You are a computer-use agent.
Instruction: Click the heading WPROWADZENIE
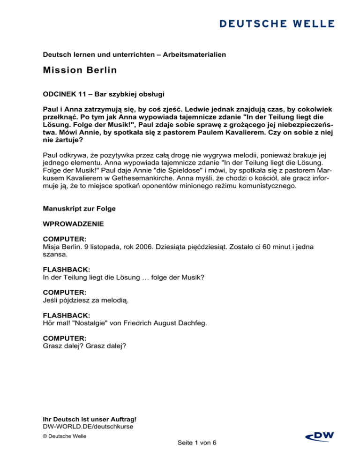[71, 225]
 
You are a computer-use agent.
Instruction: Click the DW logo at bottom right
[319, 436]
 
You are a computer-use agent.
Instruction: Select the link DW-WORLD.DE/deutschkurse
[88, 427]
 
